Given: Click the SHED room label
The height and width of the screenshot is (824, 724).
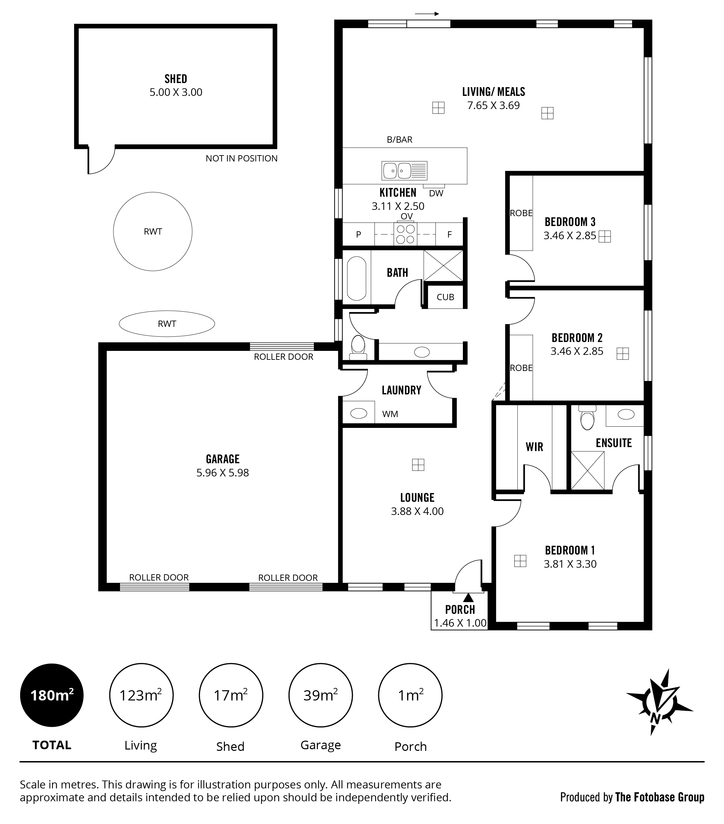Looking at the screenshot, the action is click(176, 79).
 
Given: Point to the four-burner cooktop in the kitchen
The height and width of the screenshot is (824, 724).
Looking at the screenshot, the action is click(406, 234).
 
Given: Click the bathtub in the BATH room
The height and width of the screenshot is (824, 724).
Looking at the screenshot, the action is click(356, 278).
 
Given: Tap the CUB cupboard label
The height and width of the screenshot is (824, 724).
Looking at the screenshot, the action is click(445, 297).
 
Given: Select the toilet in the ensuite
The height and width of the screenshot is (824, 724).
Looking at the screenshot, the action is click(587, 418).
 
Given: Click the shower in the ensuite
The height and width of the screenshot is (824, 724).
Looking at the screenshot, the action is click(587, 470).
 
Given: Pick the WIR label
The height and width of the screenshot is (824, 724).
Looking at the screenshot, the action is click(534, 447).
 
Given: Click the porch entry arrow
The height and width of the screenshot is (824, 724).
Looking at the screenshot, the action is click(468, 597).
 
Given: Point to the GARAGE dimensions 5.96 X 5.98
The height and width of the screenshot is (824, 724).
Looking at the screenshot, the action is click(223, 472).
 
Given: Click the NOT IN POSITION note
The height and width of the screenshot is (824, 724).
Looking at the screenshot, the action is click(242, 158).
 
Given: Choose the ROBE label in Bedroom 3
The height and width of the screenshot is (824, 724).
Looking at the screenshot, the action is click(521, 213).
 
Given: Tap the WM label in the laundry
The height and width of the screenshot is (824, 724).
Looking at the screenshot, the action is click(390, 414).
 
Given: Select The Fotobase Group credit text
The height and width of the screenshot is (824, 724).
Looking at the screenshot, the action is click(659, 797).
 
